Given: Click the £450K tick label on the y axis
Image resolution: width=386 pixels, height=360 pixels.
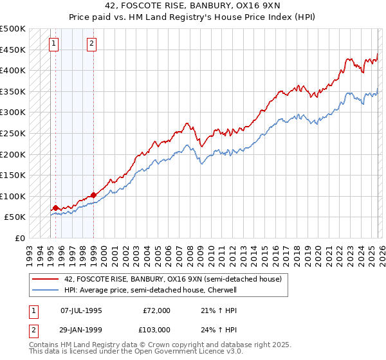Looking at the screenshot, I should (13, 50).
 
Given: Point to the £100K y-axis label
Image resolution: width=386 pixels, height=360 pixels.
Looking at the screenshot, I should (13, 196).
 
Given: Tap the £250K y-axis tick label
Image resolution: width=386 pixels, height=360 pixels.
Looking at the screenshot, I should (13, 133).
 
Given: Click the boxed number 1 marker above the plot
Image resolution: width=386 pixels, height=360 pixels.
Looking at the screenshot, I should (53, 44).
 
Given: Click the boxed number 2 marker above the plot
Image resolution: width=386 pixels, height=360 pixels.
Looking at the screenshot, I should (92, 44).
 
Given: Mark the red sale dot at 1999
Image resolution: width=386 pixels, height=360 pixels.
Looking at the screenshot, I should (94, 195).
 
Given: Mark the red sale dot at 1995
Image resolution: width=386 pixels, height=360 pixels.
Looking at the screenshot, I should (55, 208).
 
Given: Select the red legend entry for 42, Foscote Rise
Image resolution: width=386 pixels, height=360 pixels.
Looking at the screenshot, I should (172, 279).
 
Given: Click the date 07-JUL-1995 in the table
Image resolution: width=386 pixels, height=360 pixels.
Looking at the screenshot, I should (81, 310).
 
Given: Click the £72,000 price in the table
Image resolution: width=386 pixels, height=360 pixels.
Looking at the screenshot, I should (156, 310).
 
